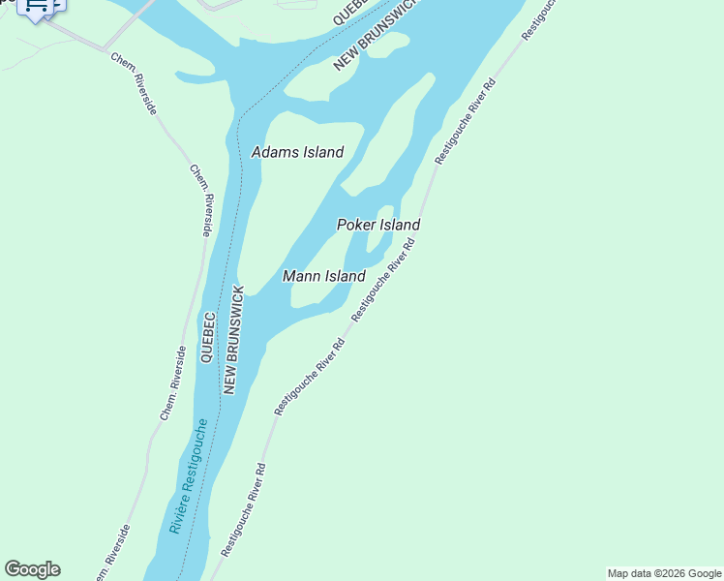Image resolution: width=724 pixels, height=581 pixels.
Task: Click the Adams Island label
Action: pyautogui.click(x=297, y=152)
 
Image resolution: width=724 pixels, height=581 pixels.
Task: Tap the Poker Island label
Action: pyautogui.click(x=377, y=225)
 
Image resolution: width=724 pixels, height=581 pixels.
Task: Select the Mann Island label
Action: pyautogui.click(x=323, y=276)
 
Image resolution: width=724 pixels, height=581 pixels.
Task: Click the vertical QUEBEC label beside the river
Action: pyautogui.click(x=207, y=337)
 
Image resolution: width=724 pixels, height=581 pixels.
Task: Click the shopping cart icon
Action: pyautogui.click(x=38, y=6)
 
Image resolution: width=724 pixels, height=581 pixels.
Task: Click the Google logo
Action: pyautogui.click(x=32, y=569)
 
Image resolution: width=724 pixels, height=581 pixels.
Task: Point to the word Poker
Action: pyautogui.click(x=355, y=225)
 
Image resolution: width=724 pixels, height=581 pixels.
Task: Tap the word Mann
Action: pyautogui.click(x=301, y=276)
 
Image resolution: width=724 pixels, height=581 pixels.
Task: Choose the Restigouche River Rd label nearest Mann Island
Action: pyautogui.click(x=383, y=281)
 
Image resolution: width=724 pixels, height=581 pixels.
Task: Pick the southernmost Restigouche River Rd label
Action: pyautogui.click(x=243, y=509)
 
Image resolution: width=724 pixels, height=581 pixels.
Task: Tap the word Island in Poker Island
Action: pyautogui.click(x=399, y=225)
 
